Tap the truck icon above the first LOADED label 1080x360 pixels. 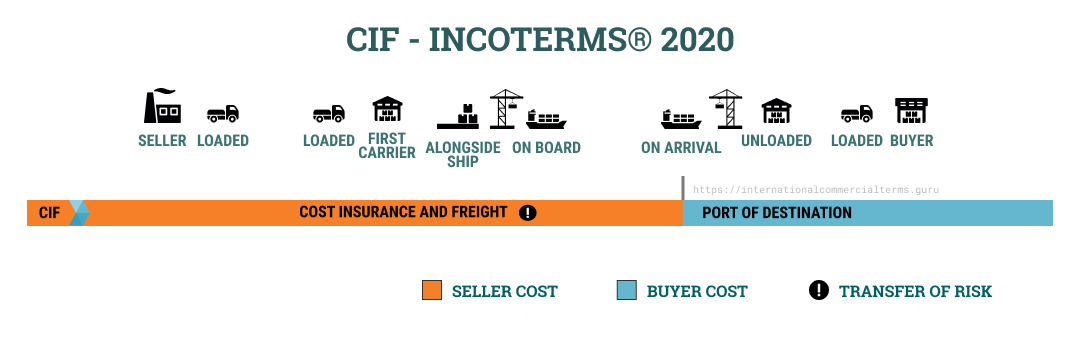coord(222,114)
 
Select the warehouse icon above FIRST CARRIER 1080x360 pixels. coord(386,111)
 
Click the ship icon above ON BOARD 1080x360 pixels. coord(546,119)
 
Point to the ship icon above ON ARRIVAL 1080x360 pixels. coord(681,119)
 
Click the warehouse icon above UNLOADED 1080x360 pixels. coord(776,111)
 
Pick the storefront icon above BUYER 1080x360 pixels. coord(911,111)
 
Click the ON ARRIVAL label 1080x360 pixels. coord(681,148)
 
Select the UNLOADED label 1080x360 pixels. coord(776,141)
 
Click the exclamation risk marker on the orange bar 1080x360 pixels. coord(528,212)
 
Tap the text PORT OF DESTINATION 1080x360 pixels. coord(777,213)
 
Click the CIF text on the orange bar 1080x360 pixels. coord(49,213)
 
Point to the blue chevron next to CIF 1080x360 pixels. coord(79,213)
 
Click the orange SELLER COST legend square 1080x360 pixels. coord(432,291)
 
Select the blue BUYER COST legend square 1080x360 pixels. coord(627,291)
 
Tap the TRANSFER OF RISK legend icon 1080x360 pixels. coord(819,291)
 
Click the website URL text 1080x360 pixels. coord(816,189)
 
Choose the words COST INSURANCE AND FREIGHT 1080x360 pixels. coord(403,213)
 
